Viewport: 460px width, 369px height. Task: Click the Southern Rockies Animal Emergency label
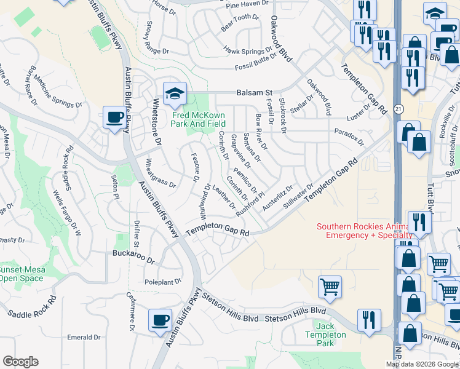pyautogui.click(x=364, y=231)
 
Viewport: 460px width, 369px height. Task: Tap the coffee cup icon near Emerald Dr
pyautogui.click(x=160, y=319)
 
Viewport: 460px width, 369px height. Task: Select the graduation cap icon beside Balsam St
pyautogui.click(x=175, y=93)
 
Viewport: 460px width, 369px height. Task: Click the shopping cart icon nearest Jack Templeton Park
pyautogui.click(x=330, y=285)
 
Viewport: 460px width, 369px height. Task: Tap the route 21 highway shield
pyautogui.click(x=398, y=109)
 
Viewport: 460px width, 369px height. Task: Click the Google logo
pyautogui.click(x=20, y=362)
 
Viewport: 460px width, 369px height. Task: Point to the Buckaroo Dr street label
pyautogui.click(x=133, y=253)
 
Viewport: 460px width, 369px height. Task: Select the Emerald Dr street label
pyautogui.click(x=84, y=338)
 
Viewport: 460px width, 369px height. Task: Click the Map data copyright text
pyautogui.click(x=422, y=364)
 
